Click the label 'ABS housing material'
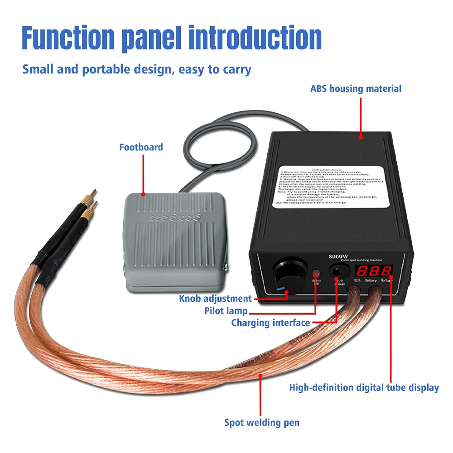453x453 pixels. click(x=356, y=89)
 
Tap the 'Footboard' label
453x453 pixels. click(x=141, y=147)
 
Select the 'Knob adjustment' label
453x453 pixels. click(x=215, y=299)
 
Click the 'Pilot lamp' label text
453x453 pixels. click(x=226, y=311)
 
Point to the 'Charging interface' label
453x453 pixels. click(x=270, y=323)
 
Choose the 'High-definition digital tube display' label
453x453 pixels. click(x=364, y=388)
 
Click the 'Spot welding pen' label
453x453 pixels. click(x=262, y=423)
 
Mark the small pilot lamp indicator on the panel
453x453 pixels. click(x=316, y=273)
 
